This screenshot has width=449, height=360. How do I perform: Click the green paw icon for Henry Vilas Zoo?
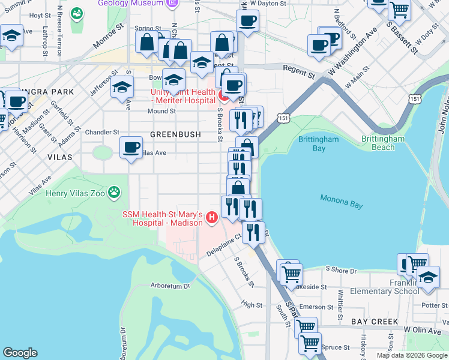click(114, 193)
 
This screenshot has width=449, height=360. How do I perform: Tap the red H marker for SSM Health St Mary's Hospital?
click(211, 218)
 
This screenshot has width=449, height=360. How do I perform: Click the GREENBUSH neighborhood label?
click(175, 134)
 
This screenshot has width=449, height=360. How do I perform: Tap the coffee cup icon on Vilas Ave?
click(131, 147)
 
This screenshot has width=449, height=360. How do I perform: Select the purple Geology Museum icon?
click(172, 3)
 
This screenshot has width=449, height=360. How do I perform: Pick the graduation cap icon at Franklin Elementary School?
click(428, 277)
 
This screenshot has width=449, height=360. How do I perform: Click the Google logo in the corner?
click(20, 353)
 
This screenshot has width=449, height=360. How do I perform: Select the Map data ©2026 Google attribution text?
click(411, 355)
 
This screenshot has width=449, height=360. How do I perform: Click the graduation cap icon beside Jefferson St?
click(122, 87)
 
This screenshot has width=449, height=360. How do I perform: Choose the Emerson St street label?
click(316, 307)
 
